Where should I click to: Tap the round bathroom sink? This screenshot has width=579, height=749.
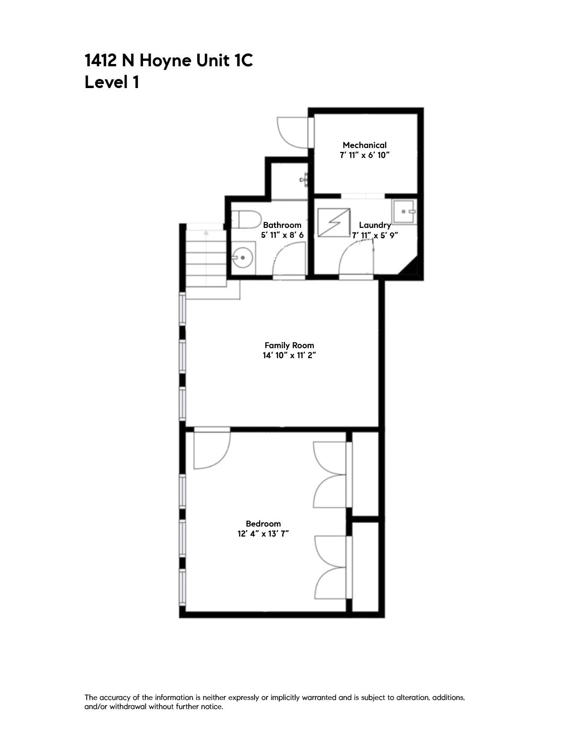tap(242, 258)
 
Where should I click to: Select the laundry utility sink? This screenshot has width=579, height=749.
tap(404, 212)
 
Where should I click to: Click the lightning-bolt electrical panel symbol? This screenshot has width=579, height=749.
tap(334, 222)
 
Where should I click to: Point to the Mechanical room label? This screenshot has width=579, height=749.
tap(365, 145)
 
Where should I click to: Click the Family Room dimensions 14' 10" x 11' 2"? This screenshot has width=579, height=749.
tap(289, 355)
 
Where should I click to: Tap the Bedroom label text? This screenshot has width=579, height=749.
tap(263, 524)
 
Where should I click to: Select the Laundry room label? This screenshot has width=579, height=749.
tap(375, 225)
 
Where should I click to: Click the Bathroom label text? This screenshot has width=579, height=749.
tap(282, 225)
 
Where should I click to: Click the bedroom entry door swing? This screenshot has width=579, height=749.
tap(211, 449)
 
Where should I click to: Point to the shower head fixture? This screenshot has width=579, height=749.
tap(305, 179)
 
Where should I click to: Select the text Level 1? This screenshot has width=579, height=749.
tap(112, 83)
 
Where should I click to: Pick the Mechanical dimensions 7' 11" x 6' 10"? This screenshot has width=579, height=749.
tap(365, 155)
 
